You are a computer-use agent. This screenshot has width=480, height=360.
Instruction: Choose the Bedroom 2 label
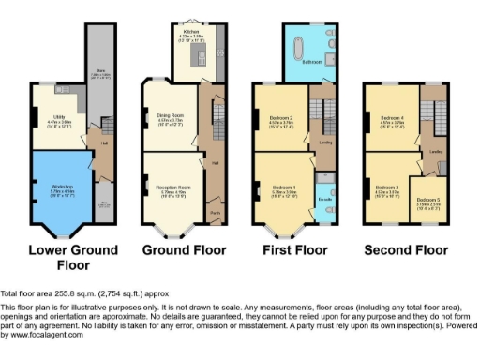[x=282, y=117]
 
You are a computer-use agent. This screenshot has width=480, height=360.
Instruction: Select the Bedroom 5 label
[x=427, y=201]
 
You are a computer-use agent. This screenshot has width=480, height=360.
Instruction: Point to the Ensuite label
[x=324, y=201]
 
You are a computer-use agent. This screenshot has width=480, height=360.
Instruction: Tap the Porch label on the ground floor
[x=215, y=211]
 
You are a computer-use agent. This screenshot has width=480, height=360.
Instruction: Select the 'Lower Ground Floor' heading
[x=73, y=257]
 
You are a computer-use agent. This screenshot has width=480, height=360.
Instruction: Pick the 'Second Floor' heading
[x=405, y=250]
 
